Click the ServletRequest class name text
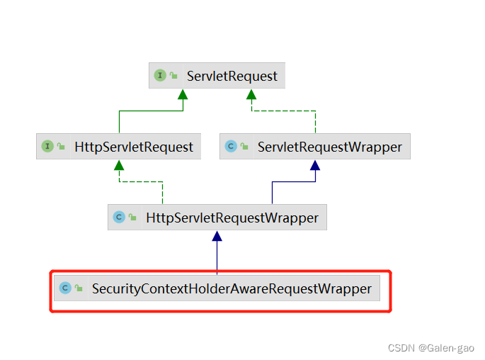tap(232, 75)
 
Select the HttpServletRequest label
tap(134, 147)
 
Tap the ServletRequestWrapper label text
tap(329, 147)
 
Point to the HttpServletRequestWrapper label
tap(232, 218)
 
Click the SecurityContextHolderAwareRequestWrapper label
tap(232, 288)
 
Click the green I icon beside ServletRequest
tap(160, 75)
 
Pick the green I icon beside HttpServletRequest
tap(47, 147)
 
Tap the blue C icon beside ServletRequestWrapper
tap(231, 147)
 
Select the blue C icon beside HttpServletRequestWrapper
tap(119, 218)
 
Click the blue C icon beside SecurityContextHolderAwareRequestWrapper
tap(65, 288)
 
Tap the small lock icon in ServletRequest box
tap(173, 76)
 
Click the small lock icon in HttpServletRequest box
tap(61, 147)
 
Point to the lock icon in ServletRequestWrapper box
tap(244, 147)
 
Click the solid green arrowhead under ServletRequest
tap(183, 94)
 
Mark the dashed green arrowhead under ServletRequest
tap(252, 94)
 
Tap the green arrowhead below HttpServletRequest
tap(119, 165)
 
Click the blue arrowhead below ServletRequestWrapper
tap(315, 165)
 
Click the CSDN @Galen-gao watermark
tap(431, 348)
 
